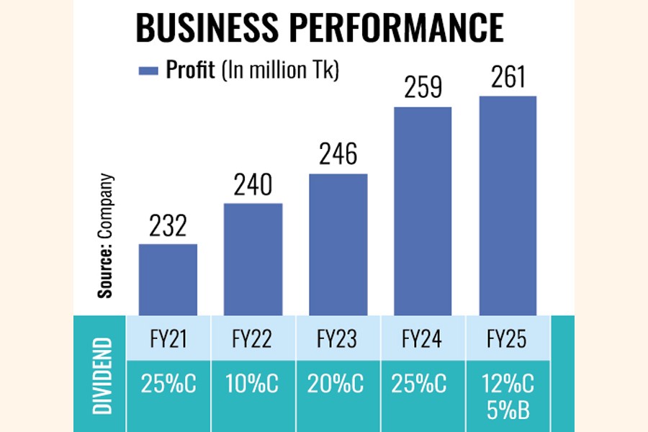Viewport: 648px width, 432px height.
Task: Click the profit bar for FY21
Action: [x=168, y=279]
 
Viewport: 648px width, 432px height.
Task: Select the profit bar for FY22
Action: [x=253, y=258]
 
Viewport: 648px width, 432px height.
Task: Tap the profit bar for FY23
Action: [x=338, y=244]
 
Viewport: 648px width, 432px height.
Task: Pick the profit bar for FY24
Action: [x=423, y=210]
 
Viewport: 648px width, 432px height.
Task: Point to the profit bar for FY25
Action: [x=508, y=205]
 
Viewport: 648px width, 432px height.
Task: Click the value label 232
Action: [x=168, y=226]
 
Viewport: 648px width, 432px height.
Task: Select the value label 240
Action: [x=253, y=186]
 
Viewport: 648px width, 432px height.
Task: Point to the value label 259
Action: [x=423, y=89]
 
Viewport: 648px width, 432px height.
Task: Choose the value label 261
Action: [x=508, y=77]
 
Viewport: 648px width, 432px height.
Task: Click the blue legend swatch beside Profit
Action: [x=148, y=70]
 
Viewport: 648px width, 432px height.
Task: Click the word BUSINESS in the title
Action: [x=202, y=27]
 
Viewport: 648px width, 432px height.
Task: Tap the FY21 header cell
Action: [x=168, y=338]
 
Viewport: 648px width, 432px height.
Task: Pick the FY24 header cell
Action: [x=423, y=338]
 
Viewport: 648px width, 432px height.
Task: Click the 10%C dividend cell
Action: [x=253, y=385]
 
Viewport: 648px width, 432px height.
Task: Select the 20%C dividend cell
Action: [x=338, y=385]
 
